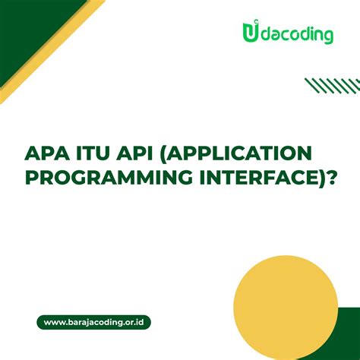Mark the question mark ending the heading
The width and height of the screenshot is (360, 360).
[328, 178]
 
